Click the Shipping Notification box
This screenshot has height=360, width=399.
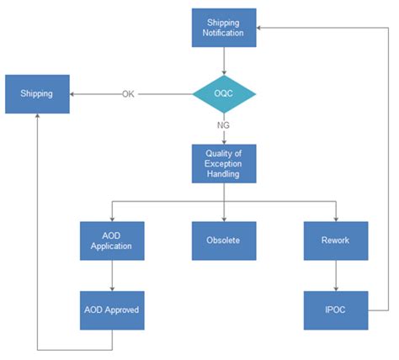tap(224, 28)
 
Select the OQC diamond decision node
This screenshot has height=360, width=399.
tap(224, 94)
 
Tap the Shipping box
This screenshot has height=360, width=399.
tap(38, 94)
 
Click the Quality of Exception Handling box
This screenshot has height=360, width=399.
tap(224, 163)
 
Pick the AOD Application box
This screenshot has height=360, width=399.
tap(112, 241)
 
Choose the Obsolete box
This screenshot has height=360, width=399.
tap(224, 241)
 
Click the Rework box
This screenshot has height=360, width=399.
tap(336, 241)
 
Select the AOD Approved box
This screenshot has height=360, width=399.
tap(112, 310)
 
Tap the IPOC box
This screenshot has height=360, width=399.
tap(336, 310)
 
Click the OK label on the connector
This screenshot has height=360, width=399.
tap(128, 94)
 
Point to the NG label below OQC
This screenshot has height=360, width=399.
tap(224, 124)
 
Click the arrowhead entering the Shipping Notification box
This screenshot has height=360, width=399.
tap(260, 28)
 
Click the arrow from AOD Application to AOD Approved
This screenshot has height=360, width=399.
tap(112, 275)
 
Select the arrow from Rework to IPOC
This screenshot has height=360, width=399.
tap(336, 275)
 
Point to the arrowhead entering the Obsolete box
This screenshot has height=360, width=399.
tap(224, 218)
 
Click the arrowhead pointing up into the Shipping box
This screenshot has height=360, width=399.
tap(38, 118)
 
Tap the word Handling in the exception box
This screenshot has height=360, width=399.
tap(224, 174)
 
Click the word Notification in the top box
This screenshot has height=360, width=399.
tap(224, 34)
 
